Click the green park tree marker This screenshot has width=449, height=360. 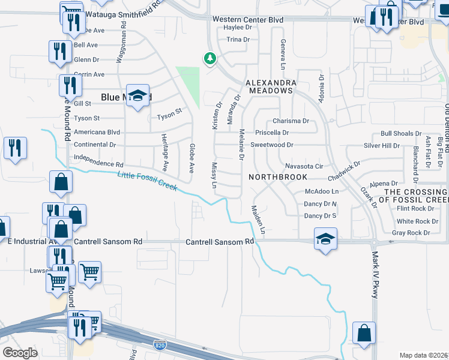click(x=209, y=58)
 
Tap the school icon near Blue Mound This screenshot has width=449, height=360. click(x=137, y=96)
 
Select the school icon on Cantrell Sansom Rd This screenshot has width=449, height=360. click(x=325, y=239)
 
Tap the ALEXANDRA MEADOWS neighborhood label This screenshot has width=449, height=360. click(x=268, y=86)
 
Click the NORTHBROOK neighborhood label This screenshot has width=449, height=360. click(x=278, y=177)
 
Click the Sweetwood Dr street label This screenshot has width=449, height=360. click(x=271, y=145)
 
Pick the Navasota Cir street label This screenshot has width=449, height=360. click(x=304, y=166)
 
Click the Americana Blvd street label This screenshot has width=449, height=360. click(x=97, y=132)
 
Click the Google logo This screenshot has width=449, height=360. click(x=20, y=353)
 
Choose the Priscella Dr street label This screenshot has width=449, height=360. click(x=272, y=133)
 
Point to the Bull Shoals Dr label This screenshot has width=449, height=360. click(x=402, y=134)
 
